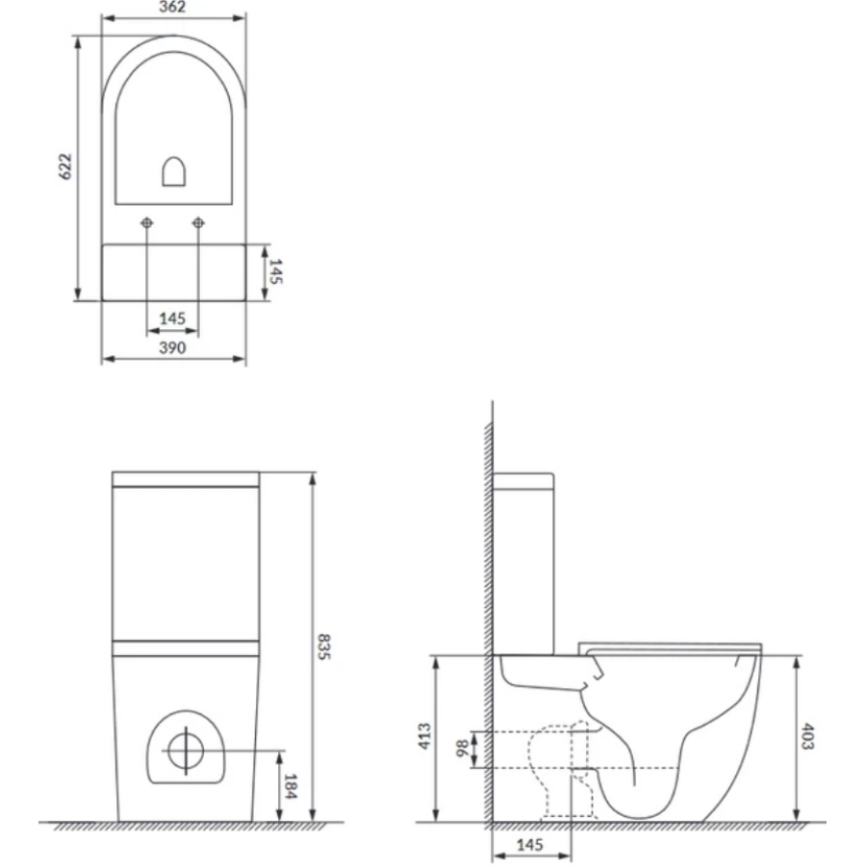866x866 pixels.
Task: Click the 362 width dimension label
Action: (172, 7)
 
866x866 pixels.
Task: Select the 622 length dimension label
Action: (65, 166)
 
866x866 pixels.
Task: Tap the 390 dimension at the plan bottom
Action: (172, 348)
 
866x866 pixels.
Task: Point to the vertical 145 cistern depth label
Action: (275, 271)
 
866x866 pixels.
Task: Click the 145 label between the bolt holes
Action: (172, 318)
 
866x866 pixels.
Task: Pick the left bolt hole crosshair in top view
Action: (147, 223)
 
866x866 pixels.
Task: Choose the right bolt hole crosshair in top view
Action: (198, 223)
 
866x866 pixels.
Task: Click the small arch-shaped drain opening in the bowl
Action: (173, 172)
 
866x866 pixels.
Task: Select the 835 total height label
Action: (323, 647)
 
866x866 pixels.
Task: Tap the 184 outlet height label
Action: (291, 786)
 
